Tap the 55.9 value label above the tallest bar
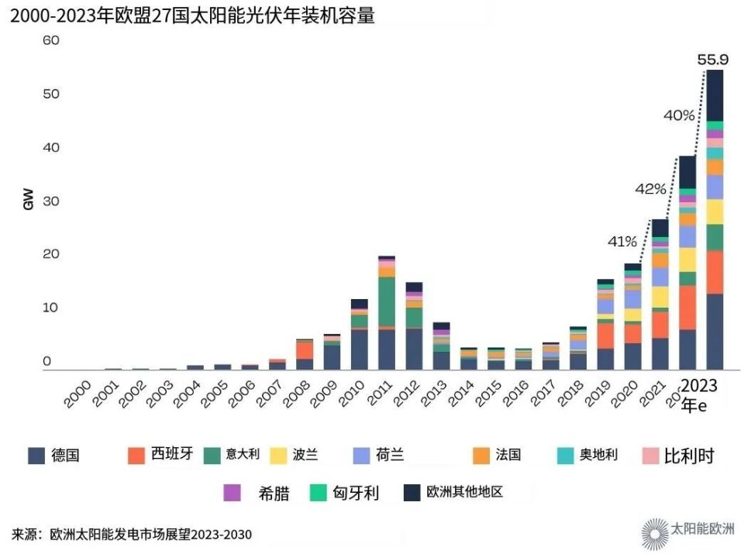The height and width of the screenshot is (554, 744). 714,59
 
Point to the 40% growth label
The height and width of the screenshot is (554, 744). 679,115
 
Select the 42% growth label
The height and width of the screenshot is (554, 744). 650,188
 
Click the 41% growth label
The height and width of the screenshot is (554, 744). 622,241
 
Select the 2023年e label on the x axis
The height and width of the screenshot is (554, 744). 700,394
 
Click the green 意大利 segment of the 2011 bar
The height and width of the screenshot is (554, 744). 387,301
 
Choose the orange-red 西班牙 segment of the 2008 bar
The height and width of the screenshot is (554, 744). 305,349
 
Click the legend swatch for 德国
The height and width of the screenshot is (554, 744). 36,456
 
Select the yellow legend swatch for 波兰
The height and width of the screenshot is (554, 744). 277,456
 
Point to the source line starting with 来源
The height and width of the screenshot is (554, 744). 132,535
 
